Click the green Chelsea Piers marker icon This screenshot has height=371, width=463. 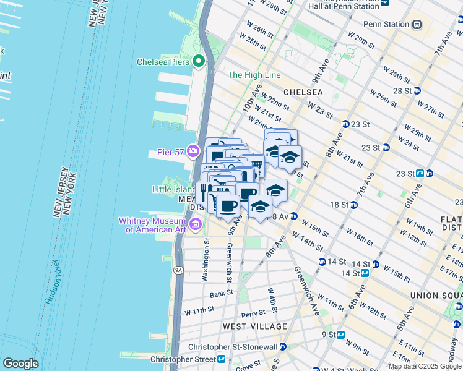coord(199,61)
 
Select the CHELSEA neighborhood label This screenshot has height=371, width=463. coord(303,92)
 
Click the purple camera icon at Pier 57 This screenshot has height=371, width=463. coord(194,151)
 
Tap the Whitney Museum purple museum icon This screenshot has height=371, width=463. coord(196,223)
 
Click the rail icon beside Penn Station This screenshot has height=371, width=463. coord(417,25)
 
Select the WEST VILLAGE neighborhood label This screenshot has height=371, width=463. coord(255,326)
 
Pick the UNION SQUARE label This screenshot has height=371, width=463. coord(436,296)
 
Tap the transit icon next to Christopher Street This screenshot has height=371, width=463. coord(221,359)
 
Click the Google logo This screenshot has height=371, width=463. coord(20,364)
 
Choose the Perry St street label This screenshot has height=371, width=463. coord(253,314)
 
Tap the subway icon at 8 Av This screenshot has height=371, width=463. coord(294,216)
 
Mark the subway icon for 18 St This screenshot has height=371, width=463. coord(353,205)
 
